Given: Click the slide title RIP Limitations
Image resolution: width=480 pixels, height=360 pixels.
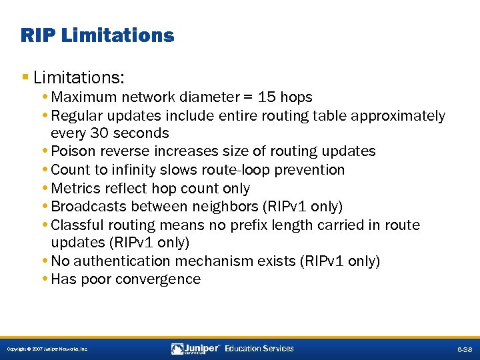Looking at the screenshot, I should (x=97, y=35).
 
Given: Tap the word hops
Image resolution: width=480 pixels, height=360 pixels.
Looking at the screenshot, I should (x=297, y=97).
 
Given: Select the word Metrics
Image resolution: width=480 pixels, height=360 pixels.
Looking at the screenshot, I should (x=75, y=189).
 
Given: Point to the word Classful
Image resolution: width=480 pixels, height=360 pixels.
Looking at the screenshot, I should (x=77, y=225).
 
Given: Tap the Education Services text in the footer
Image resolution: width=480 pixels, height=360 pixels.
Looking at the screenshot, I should (x=259, y=349).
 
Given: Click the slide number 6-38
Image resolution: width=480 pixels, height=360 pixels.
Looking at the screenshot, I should (x=464, y=349).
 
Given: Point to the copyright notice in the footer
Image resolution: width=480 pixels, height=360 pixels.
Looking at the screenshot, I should (x=47, y=349).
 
